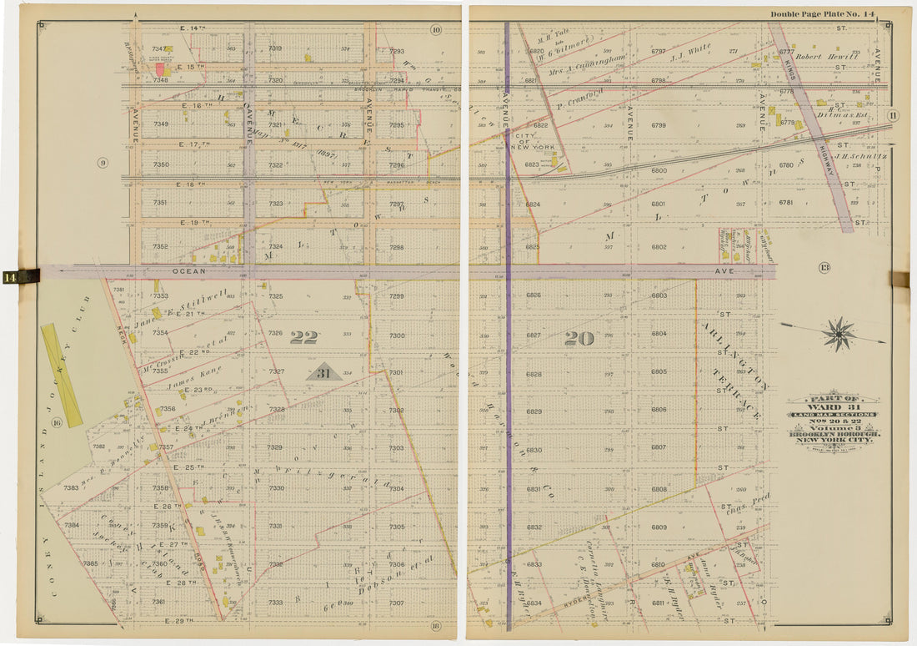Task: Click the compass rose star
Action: click(839, 334)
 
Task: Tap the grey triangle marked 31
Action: click(324, 372)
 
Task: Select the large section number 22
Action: click(303, 337)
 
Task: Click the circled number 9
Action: click(103, 163)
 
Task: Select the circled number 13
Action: click(824, 268)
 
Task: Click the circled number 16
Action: click(57, 423)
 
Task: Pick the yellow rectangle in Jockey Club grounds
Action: click(62, 375)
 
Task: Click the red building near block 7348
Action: click(158, 70)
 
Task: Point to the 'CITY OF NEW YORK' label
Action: click(529, 142)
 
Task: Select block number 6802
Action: click(659, 247)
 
